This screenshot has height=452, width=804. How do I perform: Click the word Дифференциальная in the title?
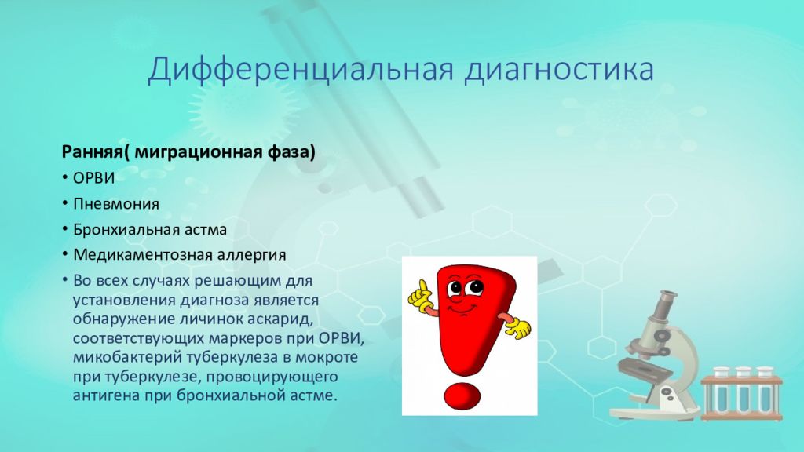(x=301, y=70)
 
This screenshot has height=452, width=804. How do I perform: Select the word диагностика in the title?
(x=559, y=71)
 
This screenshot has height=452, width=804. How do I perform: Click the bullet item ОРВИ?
(x=94, y=178)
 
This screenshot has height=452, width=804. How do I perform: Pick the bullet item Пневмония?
(x=116, y=203)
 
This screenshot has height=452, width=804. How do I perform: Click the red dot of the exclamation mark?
(x=463, y=396)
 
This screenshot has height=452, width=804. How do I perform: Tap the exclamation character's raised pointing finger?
(x=422, y=287)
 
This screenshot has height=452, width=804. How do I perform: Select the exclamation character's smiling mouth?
(x=461, y=308)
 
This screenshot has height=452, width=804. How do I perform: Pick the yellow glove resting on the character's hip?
(x=518, y=329)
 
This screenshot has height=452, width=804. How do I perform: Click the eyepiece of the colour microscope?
(x=667, y=298)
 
